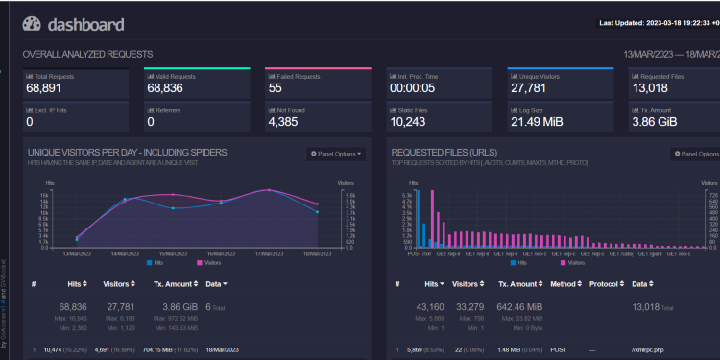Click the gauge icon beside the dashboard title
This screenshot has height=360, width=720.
(32, 23)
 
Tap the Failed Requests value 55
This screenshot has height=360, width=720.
(276, 88)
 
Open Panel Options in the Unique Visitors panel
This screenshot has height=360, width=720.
(336, 154)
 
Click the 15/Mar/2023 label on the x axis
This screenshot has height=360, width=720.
(173, 252)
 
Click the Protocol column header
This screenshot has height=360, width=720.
(606, 284)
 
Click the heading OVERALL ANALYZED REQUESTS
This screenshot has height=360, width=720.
(86, 55)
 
